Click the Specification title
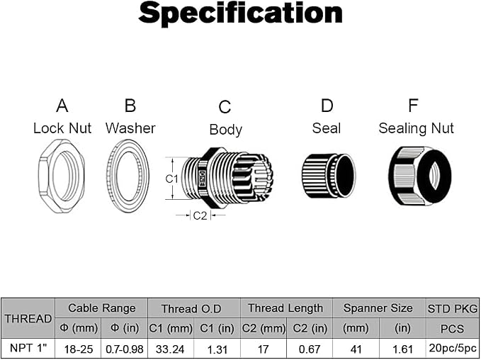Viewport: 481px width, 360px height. pos(241,13)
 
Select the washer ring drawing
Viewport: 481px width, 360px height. pos(112,176)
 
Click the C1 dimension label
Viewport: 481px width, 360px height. pos(171,179)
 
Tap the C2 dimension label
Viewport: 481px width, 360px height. pos(200,215)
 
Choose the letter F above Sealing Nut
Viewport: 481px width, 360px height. pos(413,106)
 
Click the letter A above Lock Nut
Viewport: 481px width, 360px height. pos(62,106)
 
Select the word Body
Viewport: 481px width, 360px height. pos(226,130)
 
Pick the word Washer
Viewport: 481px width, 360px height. pos(130,128)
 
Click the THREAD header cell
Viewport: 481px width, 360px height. pos(28,319)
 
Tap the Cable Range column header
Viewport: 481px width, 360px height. pos(101,308)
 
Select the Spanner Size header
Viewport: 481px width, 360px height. pos(378,308)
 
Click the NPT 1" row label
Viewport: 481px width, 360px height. pos(29,348)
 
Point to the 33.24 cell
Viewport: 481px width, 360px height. pos(170,349)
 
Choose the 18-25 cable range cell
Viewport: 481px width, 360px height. pos(79,349)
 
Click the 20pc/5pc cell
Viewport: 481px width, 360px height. pos(453,348)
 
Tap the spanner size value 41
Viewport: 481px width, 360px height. pos(356,349)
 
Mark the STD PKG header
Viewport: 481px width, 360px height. pos(453,308)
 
